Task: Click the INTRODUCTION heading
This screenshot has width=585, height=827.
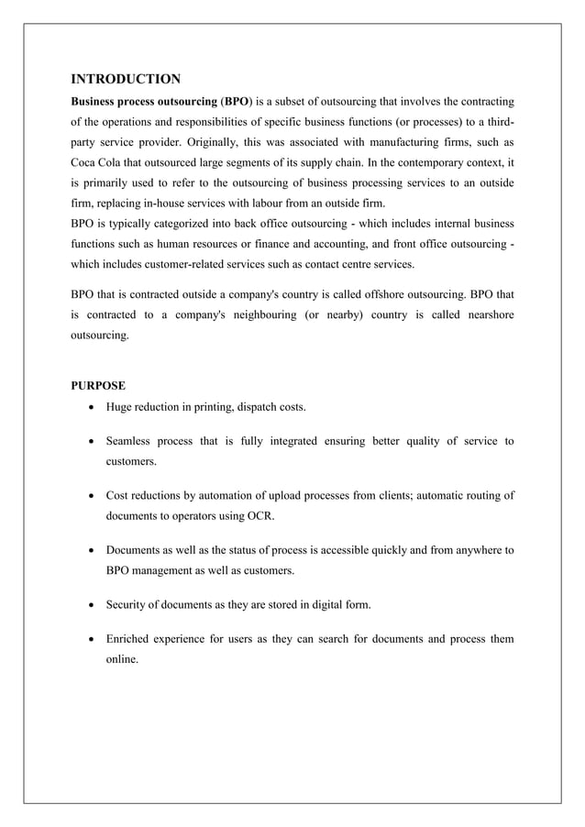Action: click(x=126, y=78)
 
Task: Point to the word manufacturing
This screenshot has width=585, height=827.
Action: click(x=389, y=142)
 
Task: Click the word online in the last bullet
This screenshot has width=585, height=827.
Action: click(x=122, y=658)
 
